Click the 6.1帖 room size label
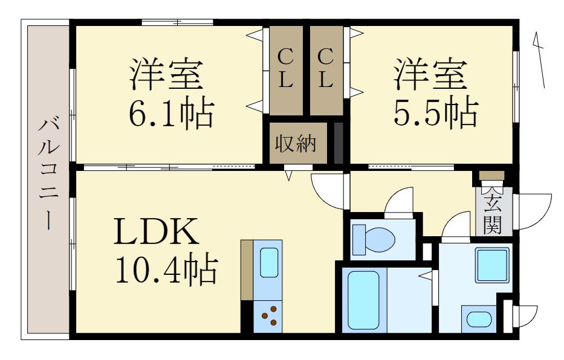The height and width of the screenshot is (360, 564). (x=170, y=112)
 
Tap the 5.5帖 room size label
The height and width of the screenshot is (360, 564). (x=436, y=112)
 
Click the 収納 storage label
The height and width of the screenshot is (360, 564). (x=296, y=144)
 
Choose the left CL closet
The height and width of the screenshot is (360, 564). (x=285, y=69)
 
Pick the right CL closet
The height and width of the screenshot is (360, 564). (x=326, y=69)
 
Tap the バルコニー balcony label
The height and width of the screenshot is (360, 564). (x=47, y=175)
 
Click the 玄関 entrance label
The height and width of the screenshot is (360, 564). (x=493, y=214)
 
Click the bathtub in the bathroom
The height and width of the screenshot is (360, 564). (x=363, y=299)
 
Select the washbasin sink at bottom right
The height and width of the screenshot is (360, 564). (x=480, y=319)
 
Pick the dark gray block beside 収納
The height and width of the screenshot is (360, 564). (x=339, y=143)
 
